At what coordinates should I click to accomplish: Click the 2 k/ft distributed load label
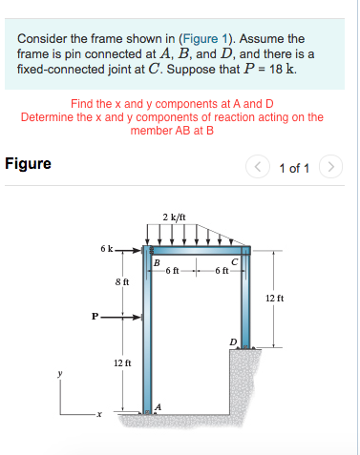[x=174, y=217]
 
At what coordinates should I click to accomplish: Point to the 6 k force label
[x=105, y=250]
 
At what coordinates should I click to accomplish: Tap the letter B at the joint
[x=157, y=263]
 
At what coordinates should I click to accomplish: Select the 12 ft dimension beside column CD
[x=273, y=299]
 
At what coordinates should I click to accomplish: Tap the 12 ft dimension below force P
[x=122, y=363]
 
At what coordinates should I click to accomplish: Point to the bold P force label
[x=94, y=316]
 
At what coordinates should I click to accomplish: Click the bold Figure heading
[x=29, y=163]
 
